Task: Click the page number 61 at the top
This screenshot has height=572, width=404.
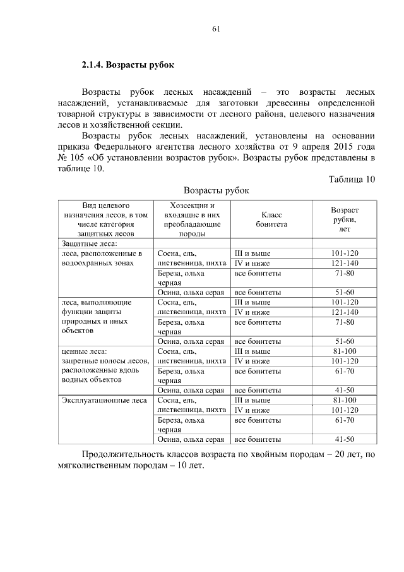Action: coord(217,28)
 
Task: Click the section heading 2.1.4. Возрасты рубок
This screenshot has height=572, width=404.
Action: coord(127,65)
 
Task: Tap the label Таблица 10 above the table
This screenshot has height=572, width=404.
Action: coord(352,179)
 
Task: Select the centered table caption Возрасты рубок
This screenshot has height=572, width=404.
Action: coord(217,190)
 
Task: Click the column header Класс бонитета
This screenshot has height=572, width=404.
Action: coord(271,219)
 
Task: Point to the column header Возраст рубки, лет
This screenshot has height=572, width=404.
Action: coord(345,219)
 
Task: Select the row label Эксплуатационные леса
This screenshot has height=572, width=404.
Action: coord(104,400)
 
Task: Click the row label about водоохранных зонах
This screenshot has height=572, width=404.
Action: coord(101,258)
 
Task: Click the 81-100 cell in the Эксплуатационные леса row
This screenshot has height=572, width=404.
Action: coord(344,400)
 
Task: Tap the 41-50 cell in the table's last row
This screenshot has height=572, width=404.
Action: coord(344,439)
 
